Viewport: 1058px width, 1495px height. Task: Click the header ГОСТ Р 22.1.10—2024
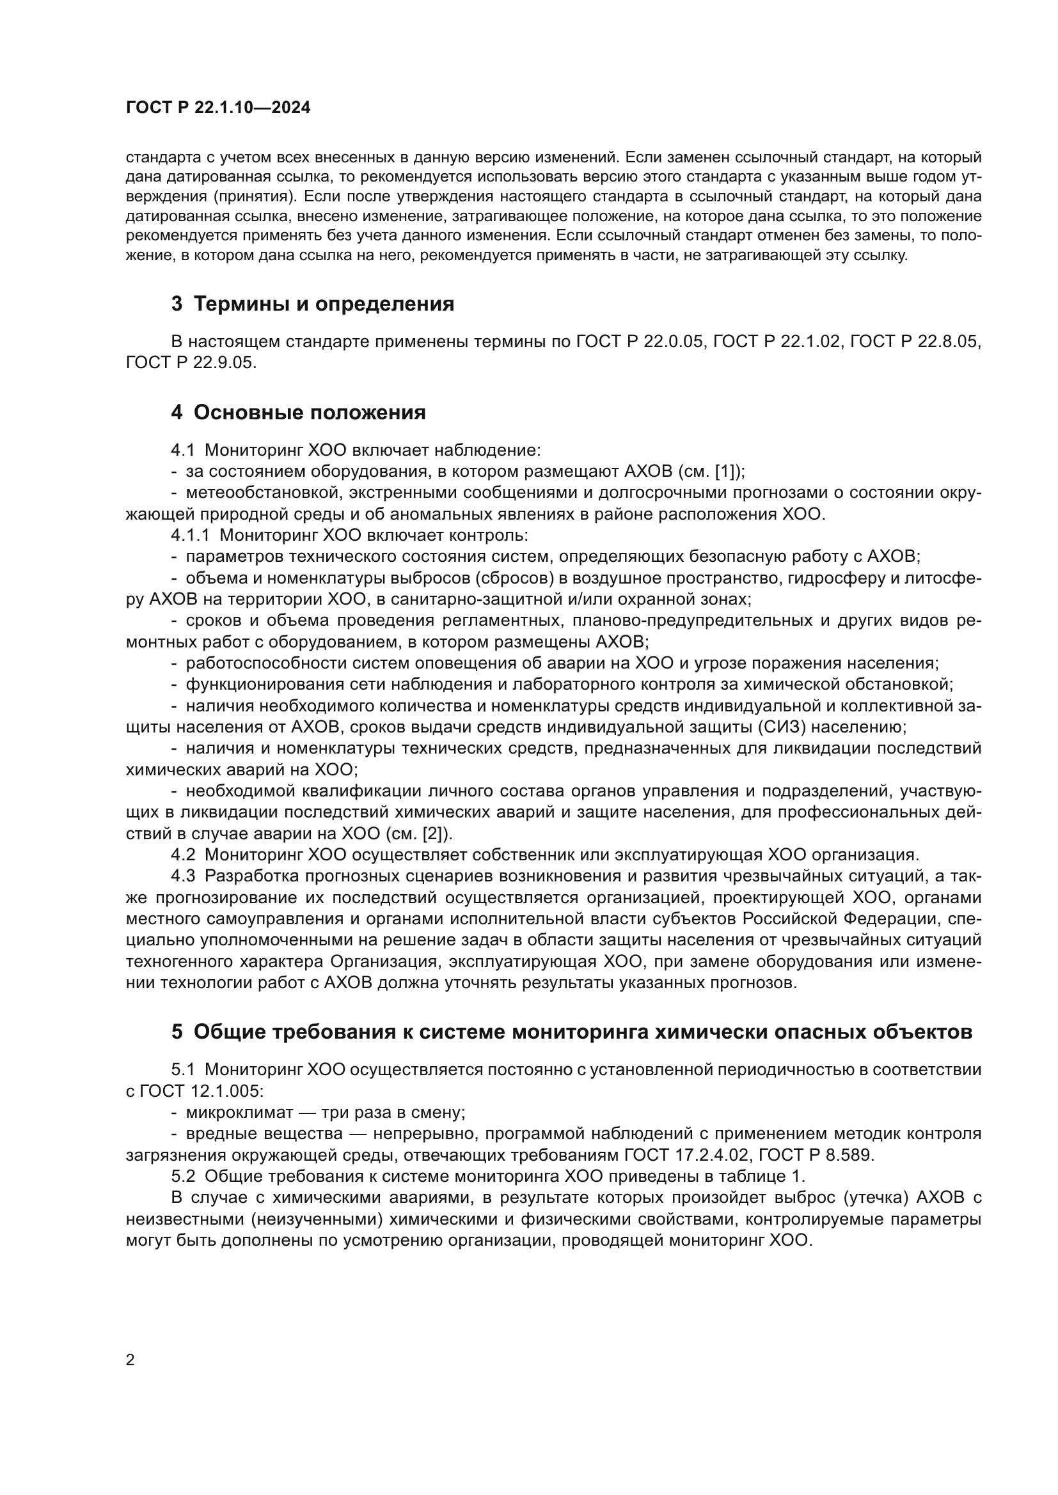point(217,108)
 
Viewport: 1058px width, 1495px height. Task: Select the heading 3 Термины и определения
point(313,304)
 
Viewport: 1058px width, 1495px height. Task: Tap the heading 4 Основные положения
point(298,412)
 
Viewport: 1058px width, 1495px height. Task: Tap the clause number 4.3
point(183,876)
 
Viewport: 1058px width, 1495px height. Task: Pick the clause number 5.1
point(183,1070)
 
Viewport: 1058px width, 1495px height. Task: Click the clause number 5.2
point(183,1177)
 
